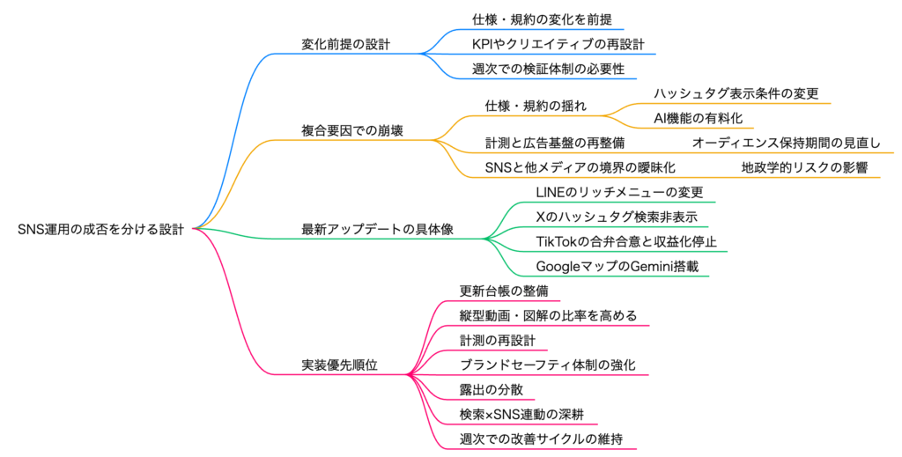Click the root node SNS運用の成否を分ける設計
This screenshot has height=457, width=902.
101,229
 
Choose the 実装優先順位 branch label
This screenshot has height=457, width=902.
340,365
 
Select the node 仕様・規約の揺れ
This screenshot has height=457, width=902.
536,106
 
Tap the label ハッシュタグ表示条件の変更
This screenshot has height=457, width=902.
736,92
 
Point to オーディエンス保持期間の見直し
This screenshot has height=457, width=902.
786,143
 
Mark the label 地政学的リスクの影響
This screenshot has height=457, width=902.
804,167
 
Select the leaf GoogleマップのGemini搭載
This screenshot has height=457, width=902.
617,266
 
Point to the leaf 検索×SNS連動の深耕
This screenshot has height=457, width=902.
522,414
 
